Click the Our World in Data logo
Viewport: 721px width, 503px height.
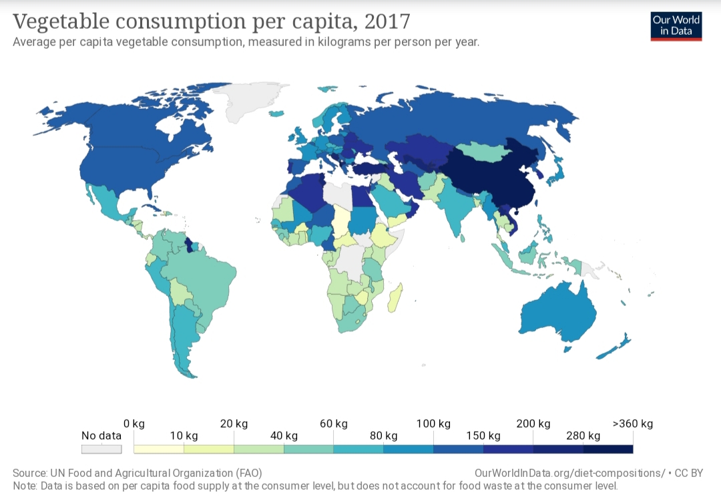click(676, 25)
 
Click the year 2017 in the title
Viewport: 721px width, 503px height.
click(387, 21)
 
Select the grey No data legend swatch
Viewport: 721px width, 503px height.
click(101, 450)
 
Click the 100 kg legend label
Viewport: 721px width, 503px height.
click(434, 424)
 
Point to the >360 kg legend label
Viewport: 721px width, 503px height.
click(633, 424)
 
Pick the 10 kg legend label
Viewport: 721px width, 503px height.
click(184, 436)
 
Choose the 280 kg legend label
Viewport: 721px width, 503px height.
click(583, 436)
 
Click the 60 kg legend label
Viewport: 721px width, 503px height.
click(333, 424)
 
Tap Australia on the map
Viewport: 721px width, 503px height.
click(557, 314)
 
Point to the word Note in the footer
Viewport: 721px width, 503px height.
click(25, 486)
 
